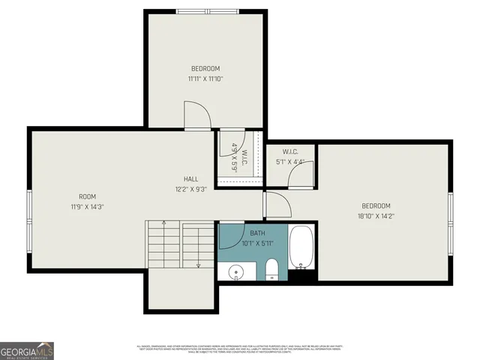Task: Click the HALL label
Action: tap(190, 179)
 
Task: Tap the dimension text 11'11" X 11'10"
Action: tap(205, 78)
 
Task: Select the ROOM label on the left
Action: tap(87, 196)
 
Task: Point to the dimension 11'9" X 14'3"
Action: tap(87, 206)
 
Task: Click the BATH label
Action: tap(257, 233)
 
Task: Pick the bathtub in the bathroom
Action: tap(302, 247)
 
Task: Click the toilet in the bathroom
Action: tap(272, 268)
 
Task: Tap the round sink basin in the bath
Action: tap(235, 271)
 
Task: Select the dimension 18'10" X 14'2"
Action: tap(376, 216)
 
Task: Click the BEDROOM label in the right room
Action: tap(376, 206)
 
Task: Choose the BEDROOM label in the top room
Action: tap(205, 68)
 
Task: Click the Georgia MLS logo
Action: tap(27, 350)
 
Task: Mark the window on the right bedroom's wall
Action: tap(451, 213)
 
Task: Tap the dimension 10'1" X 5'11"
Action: tap(257, 243)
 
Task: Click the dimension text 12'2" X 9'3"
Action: tap(190, 189)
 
